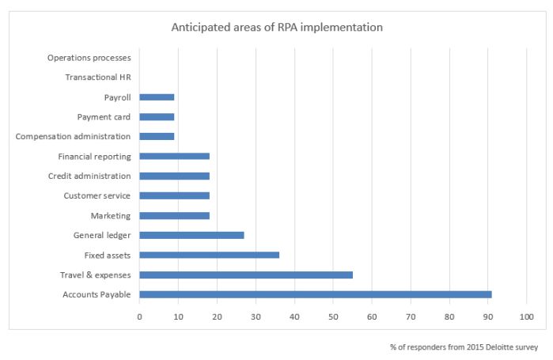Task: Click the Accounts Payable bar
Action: [x=315, y=294]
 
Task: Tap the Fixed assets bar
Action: [x=209, y=255]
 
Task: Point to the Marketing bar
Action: [x=174, y=215]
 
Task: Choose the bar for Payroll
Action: [x=157, y=97]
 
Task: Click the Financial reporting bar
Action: [x=174, y=157]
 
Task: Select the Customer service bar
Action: [x=174, y=195]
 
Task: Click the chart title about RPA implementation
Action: [x=277, y=28]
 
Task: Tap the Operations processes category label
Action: [x=89, y=58]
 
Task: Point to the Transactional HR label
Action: [x=98, y=78]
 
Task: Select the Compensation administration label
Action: [x=73, y=137]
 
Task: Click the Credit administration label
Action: [x=89, y=176]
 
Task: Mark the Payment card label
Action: [x=104, y=117]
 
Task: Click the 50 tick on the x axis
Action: [x=333, y=316]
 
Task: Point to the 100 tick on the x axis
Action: [x=526, y=316]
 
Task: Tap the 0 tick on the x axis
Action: [x=139, y=316]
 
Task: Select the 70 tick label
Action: [x=411, y=316]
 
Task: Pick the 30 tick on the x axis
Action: [x=256, y=316]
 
